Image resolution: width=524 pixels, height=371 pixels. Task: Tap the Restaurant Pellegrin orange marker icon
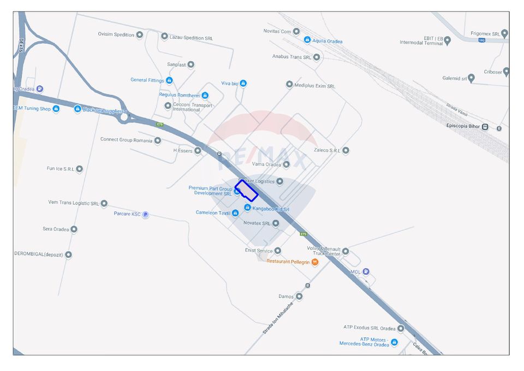click(x=315, y=262)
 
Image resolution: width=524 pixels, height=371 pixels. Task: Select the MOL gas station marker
click(x=366, y=272)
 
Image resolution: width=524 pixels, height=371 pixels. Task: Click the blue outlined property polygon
click(x=246, y=190)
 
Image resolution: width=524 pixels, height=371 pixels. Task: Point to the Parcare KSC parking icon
click(x=145, y=214)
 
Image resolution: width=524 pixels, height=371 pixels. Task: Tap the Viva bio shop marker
click(x=243, y=84)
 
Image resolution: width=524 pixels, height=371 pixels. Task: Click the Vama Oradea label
click(x=266, y=164)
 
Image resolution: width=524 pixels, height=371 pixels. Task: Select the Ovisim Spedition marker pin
click(x=140, y=34)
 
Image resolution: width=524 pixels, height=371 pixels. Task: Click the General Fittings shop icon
click(x=169, y=80)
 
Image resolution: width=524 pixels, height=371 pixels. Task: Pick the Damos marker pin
click(x=299, y=297)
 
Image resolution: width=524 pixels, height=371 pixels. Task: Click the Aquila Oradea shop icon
click(x=307, y=40)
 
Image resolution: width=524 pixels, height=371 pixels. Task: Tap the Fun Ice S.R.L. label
click(x=60, y=169)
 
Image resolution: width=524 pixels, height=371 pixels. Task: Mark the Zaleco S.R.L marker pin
click(x=346, y=150)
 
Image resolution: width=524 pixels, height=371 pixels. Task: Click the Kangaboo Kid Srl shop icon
click(x=247, y=208)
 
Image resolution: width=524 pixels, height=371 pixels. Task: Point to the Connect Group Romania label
click(x=126, y=140)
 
